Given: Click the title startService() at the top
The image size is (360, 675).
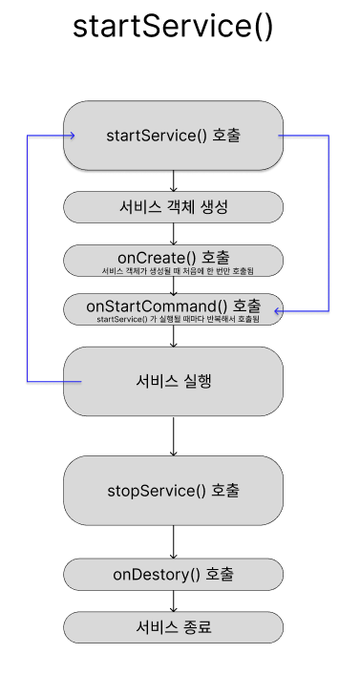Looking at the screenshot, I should tap(173, 27).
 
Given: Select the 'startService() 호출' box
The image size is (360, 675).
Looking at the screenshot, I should tap(173, 136).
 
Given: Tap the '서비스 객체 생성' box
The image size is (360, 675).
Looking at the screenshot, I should tap(173, 206).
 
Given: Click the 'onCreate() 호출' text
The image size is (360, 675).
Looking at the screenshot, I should tap(173, 257).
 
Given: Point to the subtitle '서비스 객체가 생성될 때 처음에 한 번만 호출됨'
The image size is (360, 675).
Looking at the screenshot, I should tap(173, 271).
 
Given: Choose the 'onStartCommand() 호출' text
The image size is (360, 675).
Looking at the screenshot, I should tap(173, 306).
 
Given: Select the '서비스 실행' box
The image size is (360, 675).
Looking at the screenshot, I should tap(173, 381).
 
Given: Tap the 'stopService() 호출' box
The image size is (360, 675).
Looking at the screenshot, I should tap(173, 491).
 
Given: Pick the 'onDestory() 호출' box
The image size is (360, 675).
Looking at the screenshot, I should tap(173, 575).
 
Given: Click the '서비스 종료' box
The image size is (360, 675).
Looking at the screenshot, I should tap(173, 627).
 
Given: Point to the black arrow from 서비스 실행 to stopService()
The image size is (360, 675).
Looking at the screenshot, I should tap(173, 435).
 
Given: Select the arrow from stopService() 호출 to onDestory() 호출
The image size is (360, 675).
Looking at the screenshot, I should tap(173, 543).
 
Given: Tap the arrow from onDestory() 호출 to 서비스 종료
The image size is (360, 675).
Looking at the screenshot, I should tap(173, 601).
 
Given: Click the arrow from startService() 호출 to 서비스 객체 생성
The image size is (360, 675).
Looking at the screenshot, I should tap(173, 179).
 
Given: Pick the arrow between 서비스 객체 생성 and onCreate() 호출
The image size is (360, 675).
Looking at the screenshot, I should tap(173, 233).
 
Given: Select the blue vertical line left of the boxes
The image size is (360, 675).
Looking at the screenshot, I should tap(28, 258).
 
